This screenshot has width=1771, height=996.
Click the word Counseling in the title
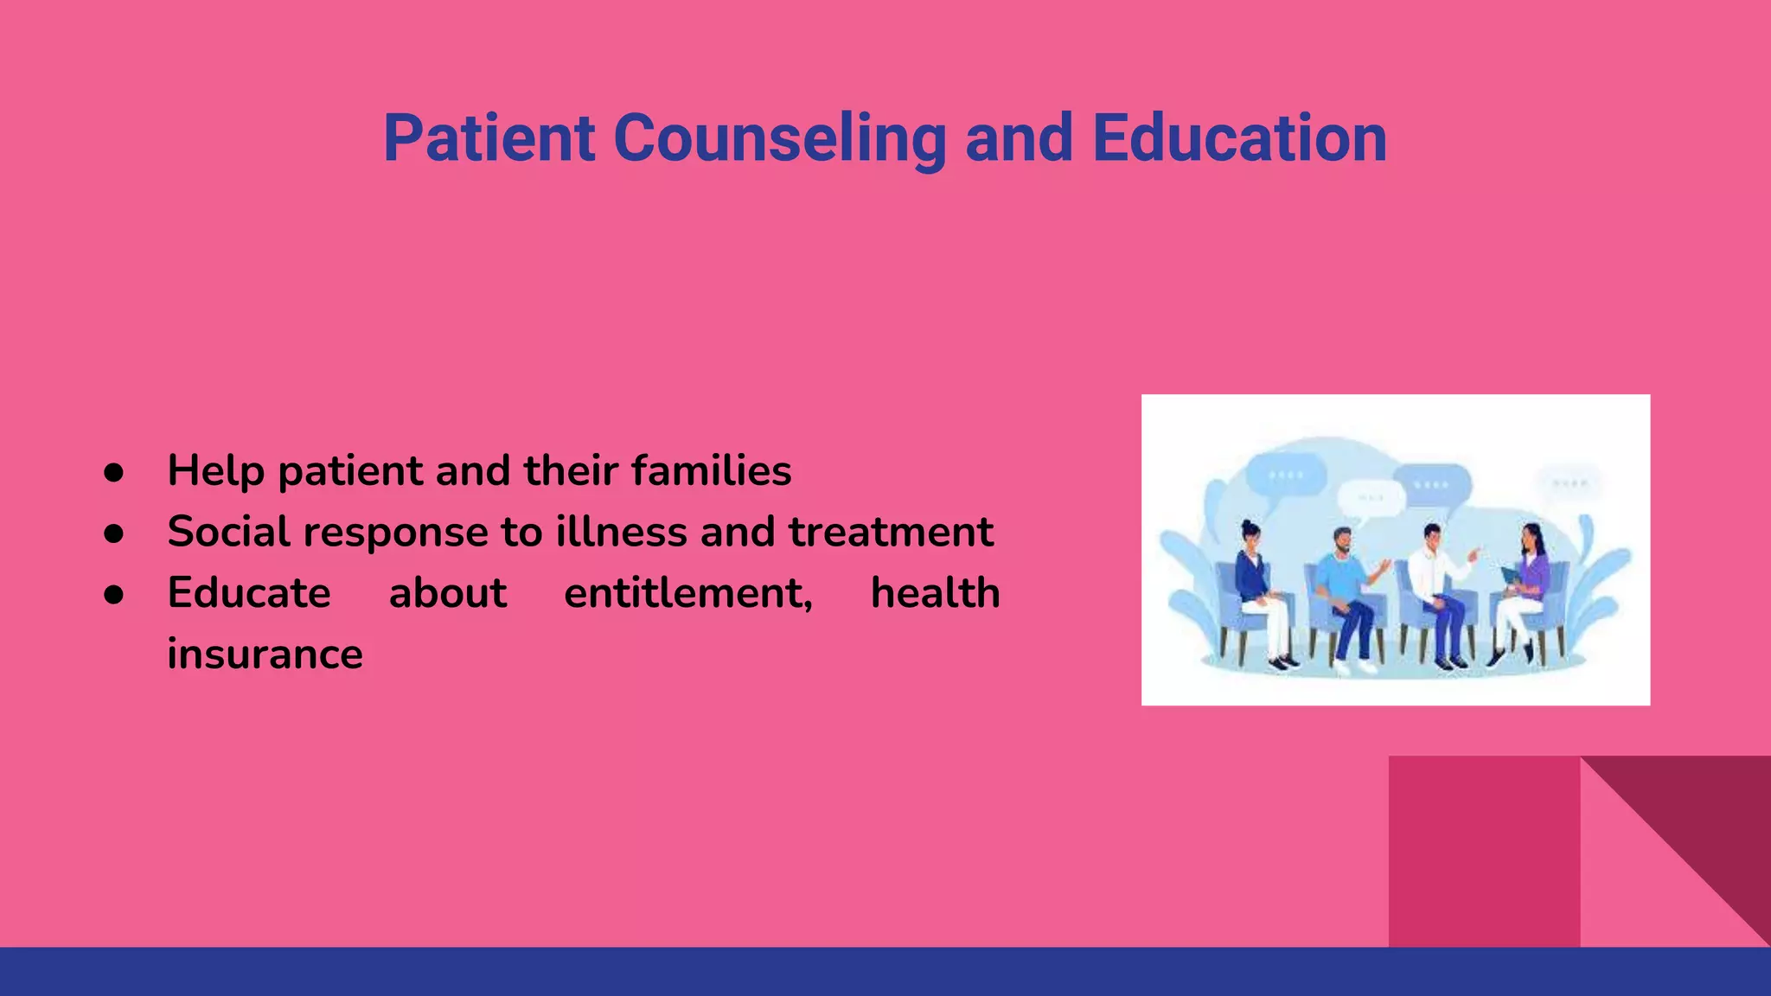coord(780,138)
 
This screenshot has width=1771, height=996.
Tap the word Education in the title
coord(1239,138)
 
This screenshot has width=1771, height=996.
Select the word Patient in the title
coord(489,138)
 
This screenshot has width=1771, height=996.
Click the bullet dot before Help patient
coord(113,472)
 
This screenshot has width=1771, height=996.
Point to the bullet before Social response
coord(113,533)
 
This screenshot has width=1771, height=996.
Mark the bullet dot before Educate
coord(113,595)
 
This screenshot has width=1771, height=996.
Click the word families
coord(711,471)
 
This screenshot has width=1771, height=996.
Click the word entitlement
coord(687,594)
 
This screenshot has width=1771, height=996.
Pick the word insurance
coord(265,654)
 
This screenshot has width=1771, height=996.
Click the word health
coord(935,593)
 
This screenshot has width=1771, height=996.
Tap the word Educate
coord(249,593)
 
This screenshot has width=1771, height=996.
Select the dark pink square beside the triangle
coord(1484,852)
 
